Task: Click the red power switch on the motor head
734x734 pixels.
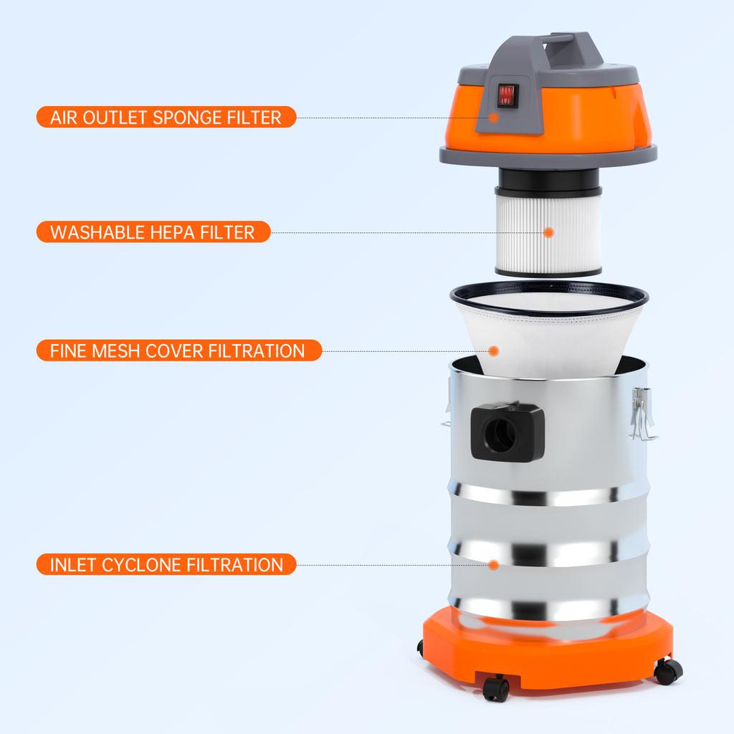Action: (507, 95)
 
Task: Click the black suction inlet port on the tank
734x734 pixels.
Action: (506, 432)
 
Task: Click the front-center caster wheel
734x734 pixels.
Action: (496, 688)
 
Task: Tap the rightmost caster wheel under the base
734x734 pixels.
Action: (668, 671)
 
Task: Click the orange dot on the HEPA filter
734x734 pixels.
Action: (548, 232)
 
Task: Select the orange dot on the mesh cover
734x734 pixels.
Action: (494, 351)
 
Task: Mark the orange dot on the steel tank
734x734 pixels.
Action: (493, 565)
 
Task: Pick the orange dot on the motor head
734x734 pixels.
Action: (494, 117)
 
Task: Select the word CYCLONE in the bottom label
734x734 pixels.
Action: (141, 565)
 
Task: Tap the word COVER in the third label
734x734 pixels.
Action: (175, 351)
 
